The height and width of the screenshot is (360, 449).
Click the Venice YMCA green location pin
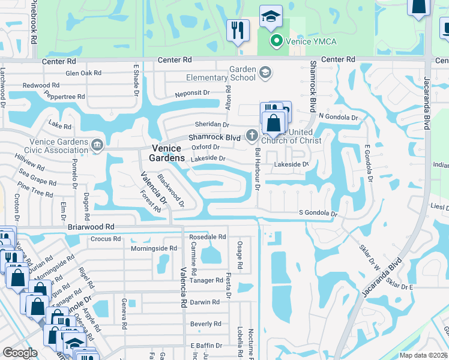click(x=276, y=41)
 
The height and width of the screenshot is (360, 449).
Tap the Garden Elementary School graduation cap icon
click(x=264, y=73)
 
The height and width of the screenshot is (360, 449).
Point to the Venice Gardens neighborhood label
click(x=167, y=152)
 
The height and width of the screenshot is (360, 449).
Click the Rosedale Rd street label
click(x=208, y=236)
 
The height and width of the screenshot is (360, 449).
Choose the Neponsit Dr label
click(x=192, y=94)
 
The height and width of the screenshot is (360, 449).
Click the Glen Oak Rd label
click(x=83, y=73)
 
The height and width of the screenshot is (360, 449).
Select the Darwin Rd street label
click(x=205, y=302)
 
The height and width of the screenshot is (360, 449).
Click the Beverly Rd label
click(x=205, y=323)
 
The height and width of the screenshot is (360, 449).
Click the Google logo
click(x=20, y=353)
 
